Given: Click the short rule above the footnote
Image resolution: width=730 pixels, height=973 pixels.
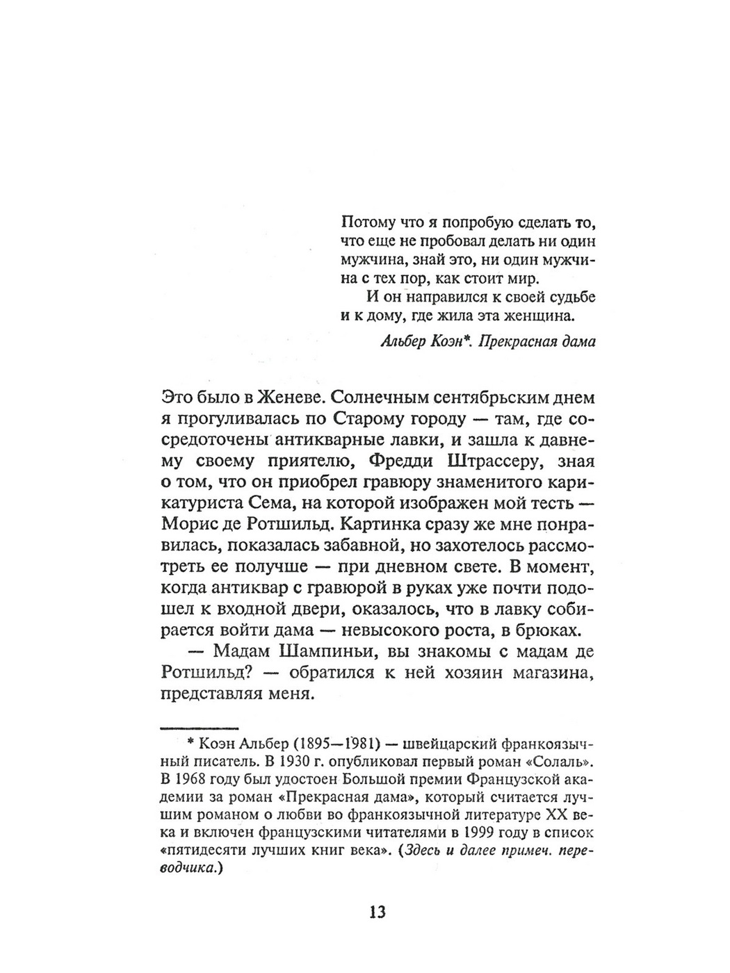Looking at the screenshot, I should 200,726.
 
